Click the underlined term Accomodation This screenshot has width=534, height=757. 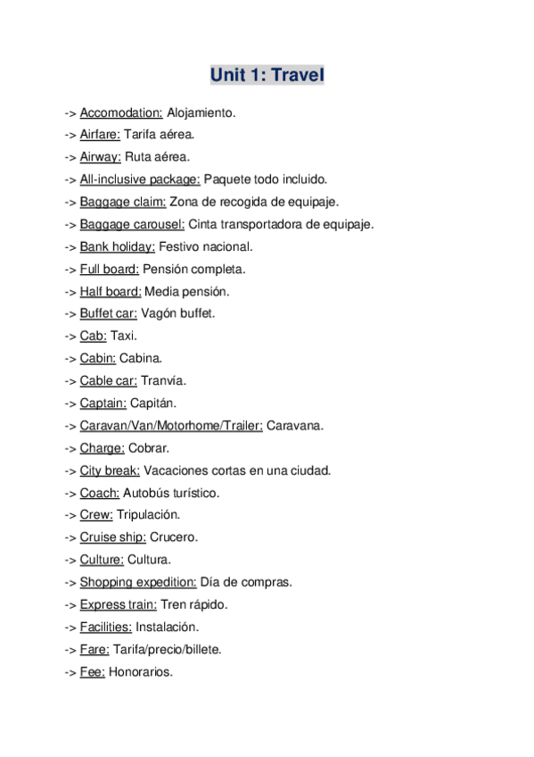(121, 113)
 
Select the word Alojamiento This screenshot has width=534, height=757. (201, 113)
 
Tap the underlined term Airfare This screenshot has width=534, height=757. (100, 135)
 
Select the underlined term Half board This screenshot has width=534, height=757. (111, 291)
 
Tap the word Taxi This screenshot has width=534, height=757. (124, 336)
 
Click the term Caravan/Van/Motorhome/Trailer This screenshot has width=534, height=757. (171, 426)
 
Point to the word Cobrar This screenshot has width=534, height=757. (148, 448)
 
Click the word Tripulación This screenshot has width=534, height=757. (148, 515)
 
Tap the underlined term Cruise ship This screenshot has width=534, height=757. (113, 537)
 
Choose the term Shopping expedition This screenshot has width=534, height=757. (138, 582)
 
